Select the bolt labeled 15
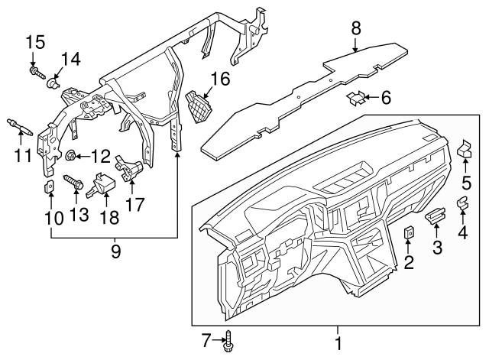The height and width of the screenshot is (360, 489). click(35, 72)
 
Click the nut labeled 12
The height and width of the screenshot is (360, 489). click(70, 157)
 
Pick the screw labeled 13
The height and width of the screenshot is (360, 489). click(73, 183)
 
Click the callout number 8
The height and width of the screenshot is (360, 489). click(355, 29)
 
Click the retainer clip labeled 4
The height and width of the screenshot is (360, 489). click(462, 203)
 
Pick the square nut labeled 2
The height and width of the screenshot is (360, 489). click(409, 233)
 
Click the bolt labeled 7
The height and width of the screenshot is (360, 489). click(228, 342)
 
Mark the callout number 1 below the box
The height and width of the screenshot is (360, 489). click(336, 343)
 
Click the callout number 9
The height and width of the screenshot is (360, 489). click(116, 251)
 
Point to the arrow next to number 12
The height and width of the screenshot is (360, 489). click(83, 157)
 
